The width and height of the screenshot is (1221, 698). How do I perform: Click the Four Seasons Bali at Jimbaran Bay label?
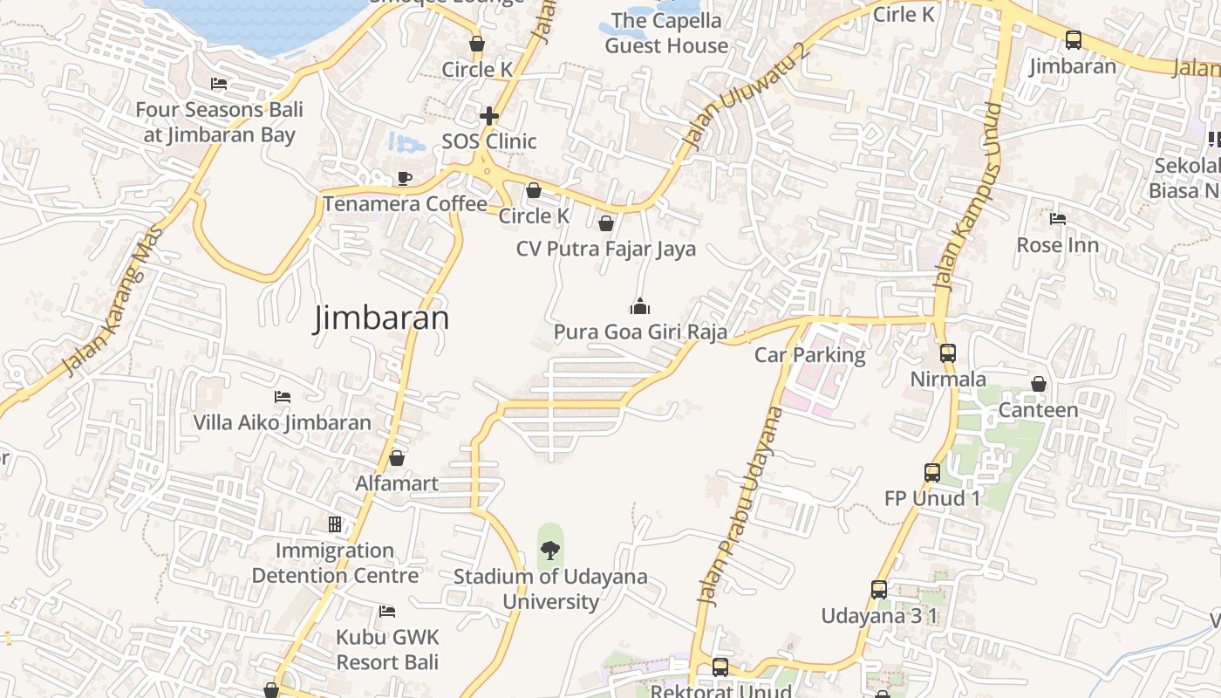click(x=220, y=122)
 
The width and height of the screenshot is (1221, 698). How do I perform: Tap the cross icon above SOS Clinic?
click(x=489, y=115)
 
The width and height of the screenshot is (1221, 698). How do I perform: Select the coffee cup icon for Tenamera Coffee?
click(x=405, y=178)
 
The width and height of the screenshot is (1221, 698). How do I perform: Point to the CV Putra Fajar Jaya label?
click(x=606, y=249)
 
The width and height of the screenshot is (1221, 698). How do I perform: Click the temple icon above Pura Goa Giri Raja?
click(x=640, y=306)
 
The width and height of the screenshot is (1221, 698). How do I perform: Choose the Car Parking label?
click(x=809, y=355)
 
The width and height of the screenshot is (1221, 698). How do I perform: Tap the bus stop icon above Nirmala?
click(x=948, y=353)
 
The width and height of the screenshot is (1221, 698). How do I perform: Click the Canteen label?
click(x=1038, y=409)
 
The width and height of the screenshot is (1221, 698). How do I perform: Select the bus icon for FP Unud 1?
click(x=932, y=473)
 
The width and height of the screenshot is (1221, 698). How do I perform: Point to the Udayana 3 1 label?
click(x=879, y=616)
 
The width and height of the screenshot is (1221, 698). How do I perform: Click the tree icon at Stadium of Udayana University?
click(x=550, y=550)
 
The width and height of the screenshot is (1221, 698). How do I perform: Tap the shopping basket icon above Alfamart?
click(x=397, y=458)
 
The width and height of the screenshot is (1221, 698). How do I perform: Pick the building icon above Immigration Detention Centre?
click(x=335, y=524)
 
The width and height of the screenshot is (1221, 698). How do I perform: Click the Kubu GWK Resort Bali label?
click(x=387, y=649)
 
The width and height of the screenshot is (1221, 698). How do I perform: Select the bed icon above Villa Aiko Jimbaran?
click(x=283, y=397)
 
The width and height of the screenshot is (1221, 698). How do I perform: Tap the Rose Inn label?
click(x=1057, y=245)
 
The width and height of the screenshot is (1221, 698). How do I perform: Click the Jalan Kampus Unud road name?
click(x=969, y=195)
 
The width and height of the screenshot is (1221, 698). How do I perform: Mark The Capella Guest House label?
click(x=666, y=33)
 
